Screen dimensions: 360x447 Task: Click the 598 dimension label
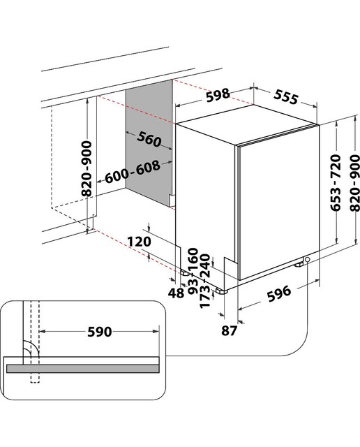tap(218, 95)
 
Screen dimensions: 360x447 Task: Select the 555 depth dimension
tap(286, 97)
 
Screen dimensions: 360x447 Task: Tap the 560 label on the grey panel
tap(149, 140)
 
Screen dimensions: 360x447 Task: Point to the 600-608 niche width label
tap(133, 172)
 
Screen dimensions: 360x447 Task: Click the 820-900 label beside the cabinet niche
tap(87, 168)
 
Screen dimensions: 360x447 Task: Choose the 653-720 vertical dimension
tap(336, 183)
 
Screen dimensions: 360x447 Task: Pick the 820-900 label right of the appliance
tap(355, 183)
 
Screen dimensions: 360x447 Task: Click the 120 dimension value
tap(139, 242)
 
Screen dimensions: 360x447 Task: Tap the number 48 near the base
tap(176, 293)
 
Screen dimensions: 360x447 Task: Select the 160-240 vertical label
tap(200, 263)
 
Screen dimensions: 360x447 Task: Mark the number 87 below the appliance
tap(229, 330)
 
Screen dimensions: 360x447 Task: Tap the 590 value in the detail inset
tap(99, 332)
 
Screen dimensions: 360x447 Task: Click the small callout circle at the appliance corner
tap(307, 259)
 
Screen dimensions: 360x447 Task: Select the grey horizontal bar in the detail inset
tap(82, 368)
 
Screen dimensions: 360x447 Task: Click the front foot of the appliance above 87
tap(221, 291)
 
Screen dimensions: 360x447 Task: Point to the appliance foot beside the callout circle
tap(299, 265)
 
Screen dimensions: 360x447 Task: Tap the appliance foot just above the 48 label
tap(185, 273)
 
